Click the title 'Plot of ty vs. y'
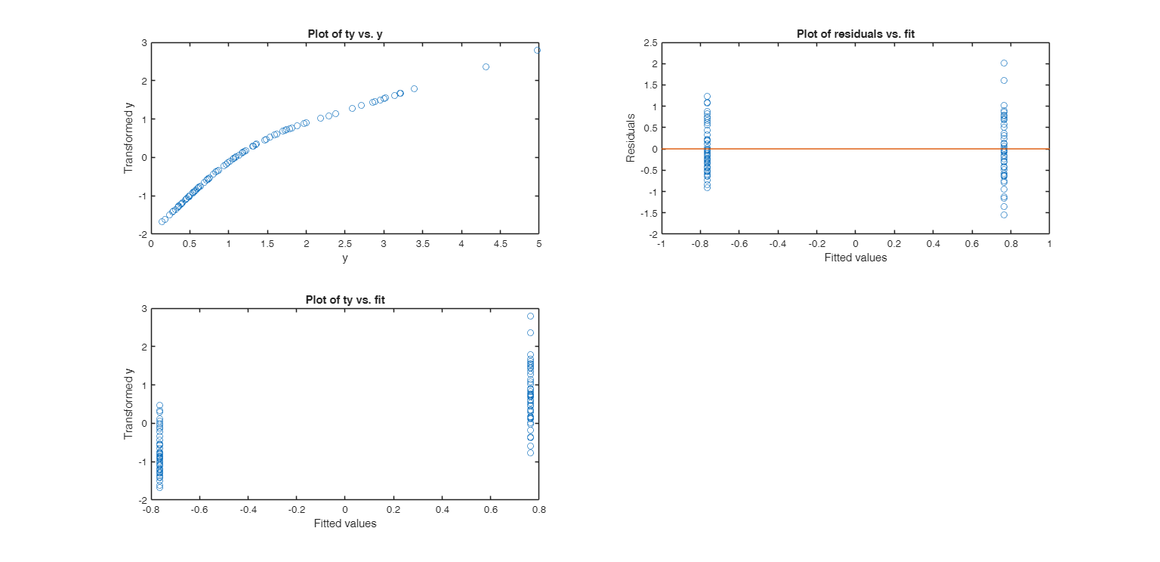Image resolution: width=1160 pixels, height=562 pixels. point(344,33)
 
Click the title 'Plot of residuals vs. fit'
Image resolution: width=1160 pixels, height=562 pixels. point(855,33)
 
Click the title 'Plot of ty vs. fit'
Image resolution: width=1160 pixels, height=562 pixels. point(344,299)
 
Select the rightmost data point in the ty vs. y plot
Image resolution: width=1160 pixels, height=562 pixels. point(537,50)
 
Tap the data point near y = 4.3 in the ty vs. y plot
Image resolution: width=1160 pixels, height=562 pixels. point(486,66)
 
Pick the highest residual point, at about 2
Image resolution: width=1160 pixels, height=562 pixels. point(1004,63)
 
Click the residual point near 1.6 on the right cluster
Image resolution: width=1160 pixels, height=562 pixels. point(1004,80)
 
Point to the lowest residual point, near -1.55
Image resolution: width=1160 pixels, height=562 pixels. point(1004,215)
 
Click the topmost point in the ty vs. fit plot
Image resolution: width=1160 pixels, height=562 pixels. point(530,316)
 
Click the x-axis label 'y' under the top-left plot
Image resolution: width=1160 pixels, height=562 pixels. point(344,258)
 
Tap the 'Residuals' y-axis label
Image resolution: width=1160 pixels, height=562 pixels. point(631,138)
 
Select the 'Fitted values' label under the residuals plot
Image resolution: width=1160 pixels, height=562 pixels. point(855,258)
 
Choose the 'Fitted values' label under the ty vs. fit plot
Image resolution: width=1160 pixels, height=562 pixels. point(344,523)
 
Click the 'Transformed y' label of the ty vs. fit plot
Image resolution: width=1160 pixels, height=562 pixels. point(128,404)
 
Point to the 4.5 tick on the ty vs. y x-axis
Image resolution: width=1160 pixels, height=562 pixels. point(499,245)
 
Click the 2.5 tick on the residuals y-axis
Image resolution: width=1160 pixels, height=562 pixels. point(650,43)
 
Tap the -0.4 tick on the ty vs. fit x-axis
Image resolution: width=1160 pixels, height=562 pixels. point(248,511)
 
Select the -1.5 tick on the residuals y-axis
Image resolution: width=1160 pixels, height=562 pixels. point(649,213)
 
